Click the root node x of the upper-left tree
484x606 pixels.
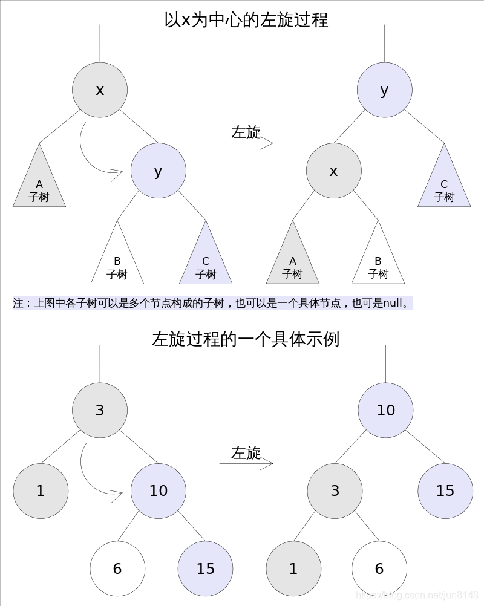click(x=100, y=90)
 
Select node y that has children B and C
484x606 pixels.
click(x=159, y=171)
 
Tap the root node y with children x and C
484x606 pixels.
click(x=385, y=90)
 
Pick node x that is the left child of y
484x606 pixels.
click(x=334, y=171)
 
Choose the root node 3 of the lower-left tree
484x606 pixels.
click(x=100, y=410)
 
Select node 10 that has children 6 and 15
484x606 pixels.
click(x=159, y=490)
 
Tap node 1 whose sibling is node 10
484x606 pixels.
click(x=41, y=490)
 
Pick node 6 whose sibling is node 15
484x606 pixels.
click(x=117, y=569)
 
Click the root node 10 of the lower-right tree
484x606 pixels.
click(x=386, y=410)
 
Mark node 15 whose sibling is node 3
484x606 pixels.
click(x=445, y=490)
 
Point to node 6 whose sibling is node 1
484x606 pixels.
click(x=379, y=569)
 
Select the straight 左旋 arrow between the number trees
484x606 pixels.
click(x=246, y=463)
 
